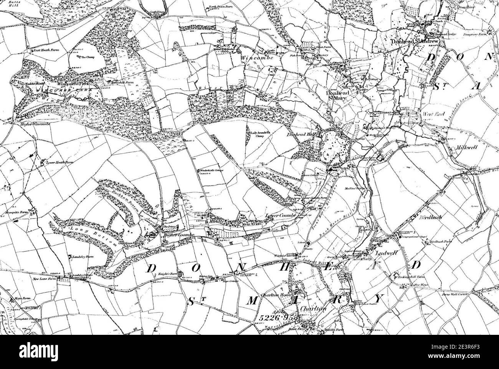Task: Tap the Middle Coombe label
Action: [224, 222]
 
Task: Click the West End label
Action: [433, 114]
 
